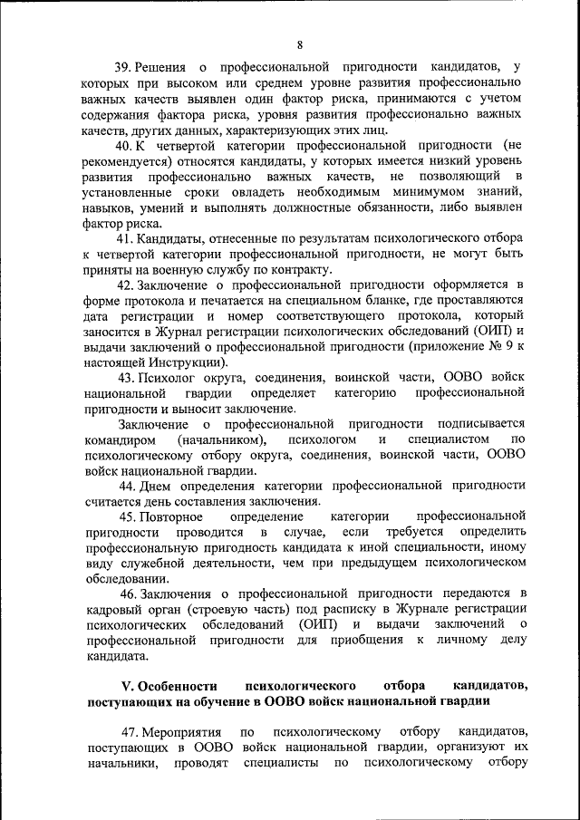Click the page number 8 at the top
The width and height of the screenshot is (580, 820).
click(x=300, y=45)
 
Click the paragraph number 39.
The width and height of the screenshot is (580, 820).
click(x=122, y=67)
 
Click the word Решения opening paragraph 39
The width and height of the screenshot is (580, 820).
click(x=167, y=67)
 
